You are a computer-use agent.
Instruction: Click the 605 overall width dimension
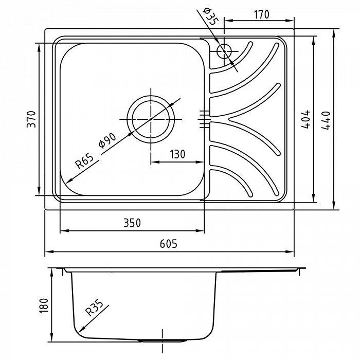pyautogui.click(x=169, y=244)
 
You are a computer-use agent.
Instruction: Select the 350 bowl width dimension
pyautogui.click(x=132, y=223)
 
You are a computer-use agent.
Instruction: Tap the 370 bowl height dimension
pyautogui.click(x=31, y=119)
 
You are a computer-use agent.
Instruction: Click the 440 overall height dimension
pyautogui.click(x=326, y=120)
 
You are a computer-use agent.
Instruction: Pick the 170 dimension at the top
pyautogui.click(x=261, y=14)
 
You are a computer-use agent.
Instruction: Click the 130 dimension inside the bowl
pyautogui.click(x=177, y=154)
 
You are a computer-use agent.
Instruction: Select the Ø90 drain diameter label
pyautogui.click(x=107, y=140)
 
